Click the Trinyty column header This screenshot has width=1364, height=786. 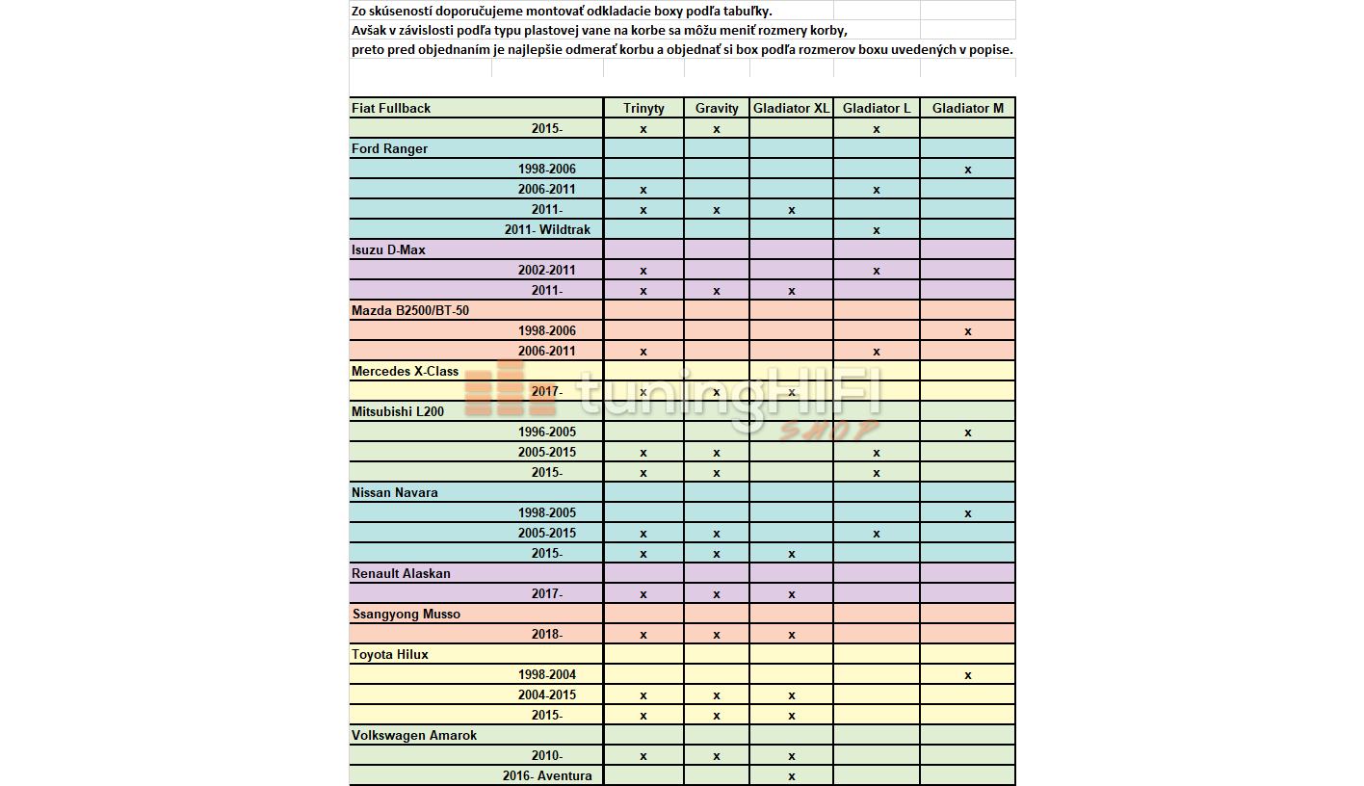click(x=643, y=108)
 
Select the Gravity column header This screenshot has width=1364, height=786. click(x=717, y=108)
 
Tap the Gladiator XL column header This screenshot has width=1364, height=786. click(x=791, y=108)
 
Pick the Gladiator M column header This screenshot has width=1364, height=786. click(x=967, y=108)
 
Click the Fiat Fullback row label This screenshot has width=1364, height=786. click(x=391, y=108)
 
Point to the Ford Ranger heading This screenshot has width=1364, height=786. click(x=389, y=148)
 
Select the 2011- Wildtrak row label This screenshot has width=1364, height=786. click(x=547, y=229)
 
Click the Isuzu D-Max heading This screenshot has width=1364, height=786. click(x=388, y=249)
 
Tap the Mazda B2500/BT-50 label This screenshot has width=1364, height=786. click(x=410, y=310)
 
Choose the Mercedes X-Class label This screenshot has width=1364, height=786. click(x=405, y=371)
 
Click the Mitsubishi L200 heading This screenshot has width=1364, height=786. click(x=398, y=411)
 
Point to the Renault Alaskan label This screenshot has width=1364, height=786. click(x=401, y=573)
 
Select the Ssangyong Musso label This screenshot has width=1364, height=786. click(x=406, y=614)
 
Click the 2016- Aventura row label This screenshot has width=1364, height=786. click(x=546, y=775)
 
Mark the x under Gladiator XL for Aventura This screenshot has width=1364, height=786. click(x=791, y=776)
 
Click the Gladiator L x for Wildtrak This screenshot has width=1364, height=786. click(x=877, y=230)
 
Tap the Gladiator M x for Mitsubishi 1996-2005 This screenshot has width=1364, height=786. click(x=967, y=432)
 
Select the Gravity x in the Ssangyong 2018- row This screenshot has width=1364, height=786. click(x=717, y=635)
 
